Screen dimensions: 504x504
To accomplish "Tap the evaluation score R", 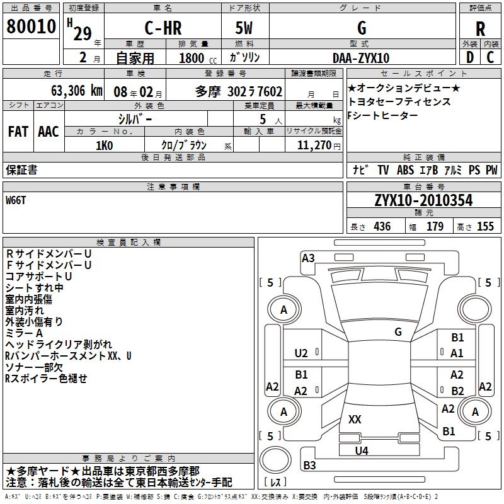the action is (480, 28).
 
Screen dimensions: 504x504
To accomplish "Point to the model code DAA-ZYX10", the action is (361, 58).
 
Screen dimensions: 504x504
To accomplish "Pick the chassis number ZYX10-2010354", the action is (423, 201).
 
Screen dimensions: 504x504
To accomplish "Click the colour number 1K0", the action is (104, 146).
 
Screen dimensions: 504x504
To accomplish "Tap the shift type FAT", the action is (18, 132).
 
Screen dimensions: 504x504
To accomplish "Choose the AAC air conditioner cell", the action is (48, 132).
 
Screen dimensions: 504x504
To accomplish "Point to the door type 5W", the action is (245, 28).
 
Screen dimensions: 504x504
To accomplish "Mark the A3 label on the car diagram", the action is (308, 257).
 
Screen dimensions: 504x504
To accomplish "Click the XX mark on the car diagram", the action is (355, 420).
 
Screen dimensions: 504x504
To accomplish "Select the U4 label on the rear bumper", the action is (361, 450).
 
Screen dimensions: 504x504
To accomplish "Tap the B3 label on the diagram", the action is (309, 466).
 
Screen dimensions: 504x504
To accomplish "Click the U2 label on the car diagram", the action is (301, 353).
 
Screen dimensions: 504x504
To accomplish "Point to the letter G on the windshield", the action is (398, 331).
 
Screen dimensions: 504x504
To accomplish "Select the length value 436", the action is (381, 227).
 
